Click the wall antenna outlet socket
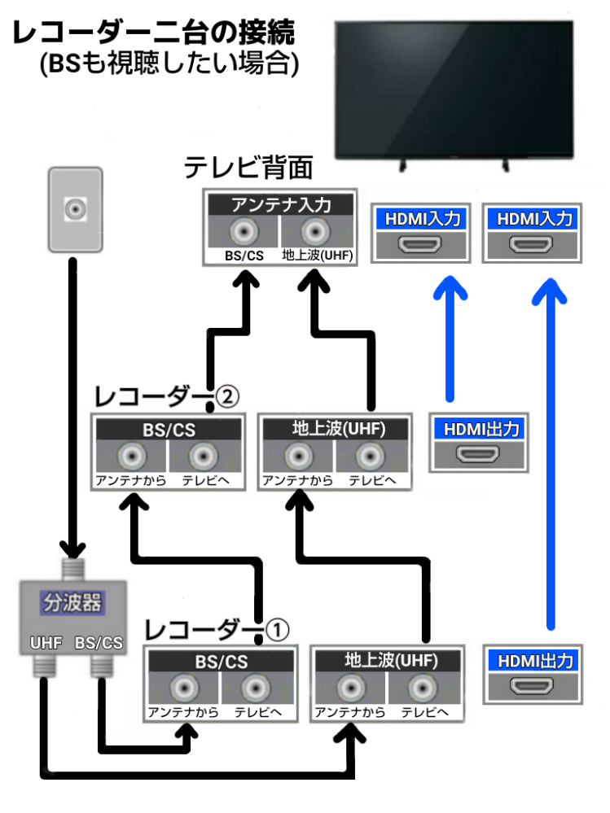point(76,208)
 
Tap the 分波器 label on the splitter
point(72,604)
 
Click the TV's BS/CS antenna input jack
point(243,232)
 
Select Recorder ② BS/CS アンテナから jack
point(130,456)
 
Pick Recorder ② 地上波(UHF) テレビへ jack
point(371,456)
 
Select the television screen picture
point(455,90)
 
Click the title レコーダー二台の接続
point(153,34)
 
